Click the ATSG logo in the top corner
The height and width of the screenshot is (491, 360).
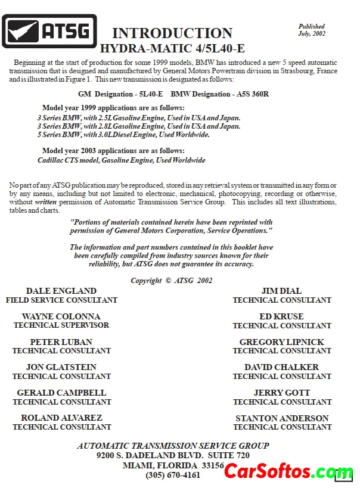(x=49, y=31)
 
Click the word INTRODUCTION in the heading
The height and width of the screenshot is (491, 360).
(x=172, y=33)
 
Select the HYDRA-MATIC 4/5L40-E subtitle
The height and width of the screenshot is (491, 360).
(x=172, y=48)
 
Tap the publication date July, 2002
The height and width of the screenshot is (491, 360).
(x=311, y=33)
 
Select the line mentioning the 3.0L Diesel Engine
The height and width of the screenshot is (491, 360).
(x=123, y=135)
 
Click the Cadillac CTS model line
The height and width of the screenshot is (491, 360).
(x=121, y=160)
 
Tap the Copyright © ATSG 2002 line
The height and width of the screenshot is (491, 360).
(x=172, y=281)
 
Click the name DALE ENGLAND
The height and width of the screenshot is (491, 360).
(x=61, y=291)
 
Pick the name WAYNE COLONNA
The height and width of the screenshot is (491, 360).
(x=61, y=316)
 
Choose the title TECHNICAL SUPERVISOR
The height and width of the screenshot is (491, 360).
(x=61, y=325)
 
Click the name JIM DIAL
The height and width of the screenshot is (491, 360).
(x=281, y=291)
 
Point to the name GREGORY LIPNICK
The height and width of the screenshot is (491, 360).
(x=282, y=342)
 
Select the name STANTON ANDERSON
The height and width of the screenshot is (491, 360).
(x=282, y=418)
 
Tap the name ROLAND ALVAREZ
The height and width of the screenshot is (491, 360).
(x=61, y=418)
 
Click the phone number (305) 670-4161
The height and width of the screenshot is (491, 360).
(x=173, y=476)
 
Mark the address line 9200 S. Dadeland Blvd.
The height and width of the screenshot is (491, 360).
(x=173, y=455)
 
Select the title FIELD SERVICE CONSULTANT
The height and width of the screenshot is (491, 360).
(x=61, y=300)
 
